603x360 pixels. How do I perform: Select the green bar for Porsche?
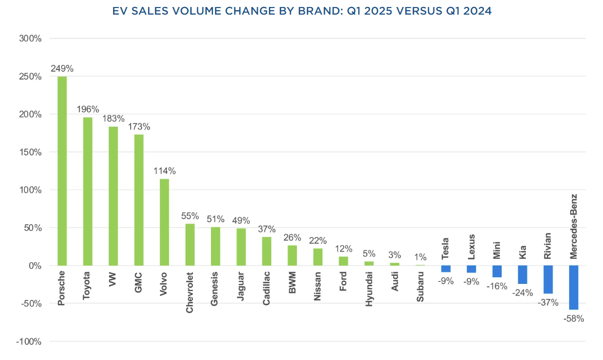[62, 171]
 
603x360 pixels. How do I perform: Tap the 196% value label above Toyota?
[88, 109]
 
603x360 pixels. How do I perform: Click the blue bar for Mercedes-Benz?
[574, 287]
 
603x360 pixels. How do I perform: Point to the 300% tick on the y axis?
[31, 38]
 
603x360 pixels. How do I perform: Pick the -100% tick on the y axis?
[29, 342]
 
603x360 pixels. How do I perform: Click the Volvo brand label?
[164, 285]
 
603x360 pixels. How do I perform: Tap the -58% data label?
[574, 319]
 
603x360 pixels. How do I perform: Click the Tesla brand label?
[446, 249]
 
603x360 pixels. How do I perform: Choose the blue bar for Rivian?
[548, 279]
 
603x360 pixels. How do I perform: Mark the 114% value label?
[164, 171]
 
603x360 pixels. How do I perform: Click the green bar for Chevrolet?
[190, 245]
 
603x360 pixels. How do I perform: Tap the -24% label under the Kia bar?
[522, 293]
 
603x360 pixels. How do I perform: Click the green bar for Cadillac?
[266, 251]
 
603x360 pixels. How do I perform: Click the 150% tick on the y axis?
[31, 152]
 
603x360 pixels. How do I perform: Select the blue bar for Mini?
[497, 272]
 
